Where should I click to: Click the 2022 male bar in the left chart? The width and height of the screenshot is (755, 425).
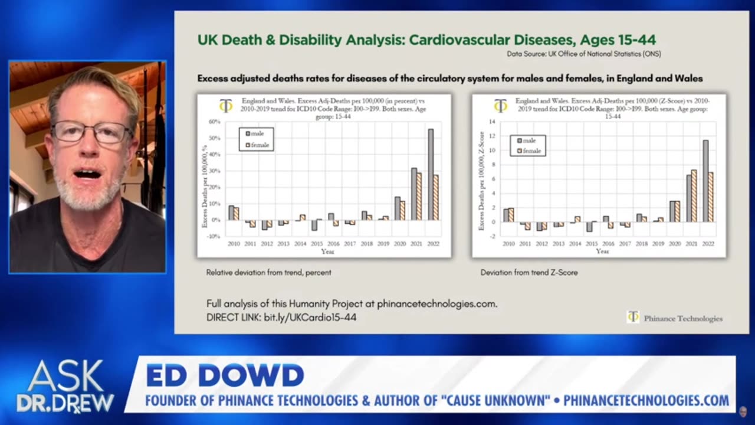[x=431, y=175]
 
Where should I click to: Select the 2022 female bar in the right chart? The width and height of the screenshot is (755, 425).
[x=710, y=197]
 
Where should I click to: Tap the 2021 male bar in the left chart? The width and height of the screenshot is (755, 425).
[x=414, y=194]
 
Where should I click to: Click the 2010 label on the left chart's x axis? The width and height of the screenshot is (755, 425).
[x=234, y=243]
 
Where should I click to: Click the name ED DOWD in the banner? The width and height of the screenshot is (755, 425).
[x=225, y=375]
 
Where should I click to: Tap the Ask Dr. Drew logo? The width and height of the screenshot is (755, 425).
[x=65, y=386]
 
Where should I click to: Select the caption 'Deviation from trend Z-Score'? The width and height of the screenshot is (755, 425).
[x=529, y=273]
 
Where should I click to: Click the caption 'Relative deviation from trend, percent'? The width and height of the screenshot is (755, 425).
[x=268, y=273]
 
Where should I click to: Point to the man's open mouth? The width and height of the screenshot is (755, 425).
[x=87, y=174]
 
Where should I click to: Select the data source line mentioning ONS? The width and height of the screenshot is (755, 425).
[x=583, y=54]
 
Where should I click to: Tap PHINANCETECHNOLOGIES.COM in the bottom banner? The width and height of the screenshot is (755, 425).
[x=646, y=401]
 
